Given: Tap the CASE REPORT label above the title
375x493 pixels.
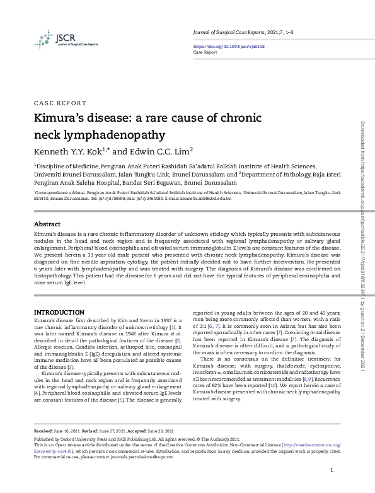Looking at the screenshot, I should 59,103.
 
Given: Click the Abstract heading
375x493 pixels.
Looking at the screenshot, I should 47,224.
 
